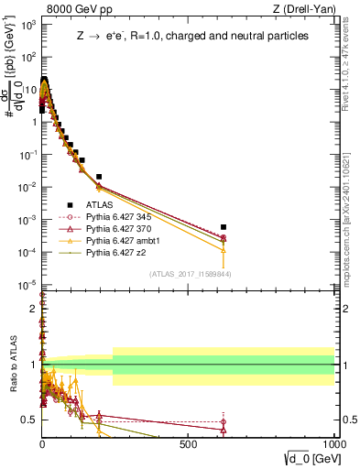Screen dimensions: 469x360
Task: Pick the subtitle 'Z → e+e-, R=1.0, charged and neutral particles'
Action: (192, 36)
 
